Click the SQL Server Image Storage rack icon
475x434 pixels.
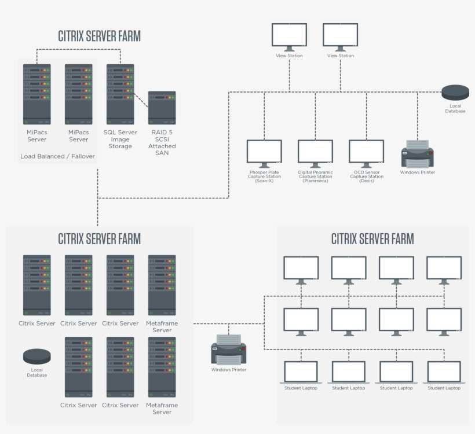120,94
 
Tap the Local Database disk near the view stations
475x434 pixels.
455,93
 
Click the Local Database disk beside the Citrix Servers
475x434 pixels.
36,356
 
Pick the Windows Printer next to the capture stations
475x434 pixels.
418,153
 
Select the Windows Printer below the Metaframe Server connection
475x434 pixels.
229,350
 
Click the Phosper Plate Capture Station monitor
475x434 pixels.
264,152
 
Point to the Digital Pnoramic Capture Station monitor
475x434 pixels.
315,152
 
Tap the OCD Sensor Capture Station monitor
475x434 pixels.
366,152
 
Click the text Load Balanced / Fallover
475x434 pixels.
57,156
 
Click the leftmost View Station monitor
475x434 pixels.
290,36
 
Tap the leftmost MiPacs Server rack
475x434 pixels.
37,94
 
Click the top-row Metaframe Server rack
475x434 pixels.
162,285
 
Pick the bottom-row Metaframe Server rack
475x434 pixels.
162,367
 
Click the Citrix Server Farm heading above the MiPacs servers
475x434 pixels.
99,36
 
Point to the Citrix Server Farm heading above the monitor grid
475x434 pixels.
372,238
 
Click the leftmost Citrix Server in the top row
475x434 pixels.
37,285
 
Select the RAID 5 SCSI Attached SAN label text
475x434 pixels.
162,142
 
